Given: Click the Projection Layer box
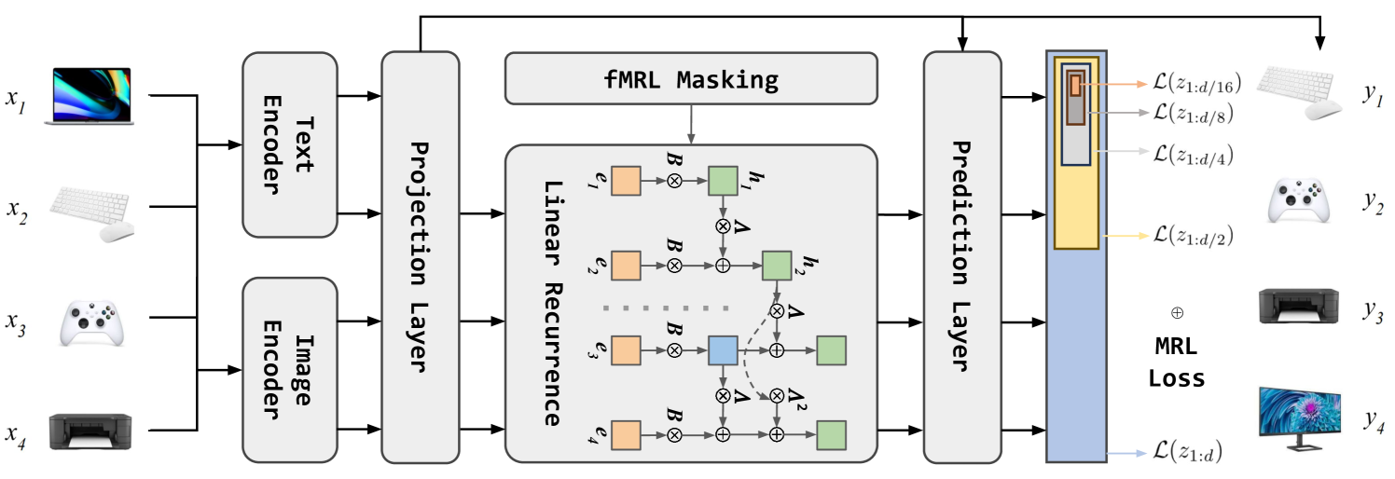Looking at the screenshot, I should click(420, 256).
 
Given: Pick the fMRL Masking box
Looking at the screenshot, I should click(691, 78).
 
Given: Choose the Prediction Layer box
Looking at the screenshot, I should click(961, 256).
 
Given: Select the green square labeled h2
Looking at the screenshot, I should click(777, 266).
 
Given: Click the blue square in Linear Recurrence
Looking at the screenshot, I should click(723, 350).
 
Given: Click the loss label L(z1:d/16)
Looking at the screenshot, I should click(1195, 83).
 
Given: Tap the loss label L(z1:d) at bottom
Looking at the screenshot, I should click(1187, 454).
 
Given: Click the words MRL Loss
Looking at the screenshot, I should click(1176, 363).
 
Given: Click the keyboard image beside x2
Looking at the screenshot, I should click(90, 213).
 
